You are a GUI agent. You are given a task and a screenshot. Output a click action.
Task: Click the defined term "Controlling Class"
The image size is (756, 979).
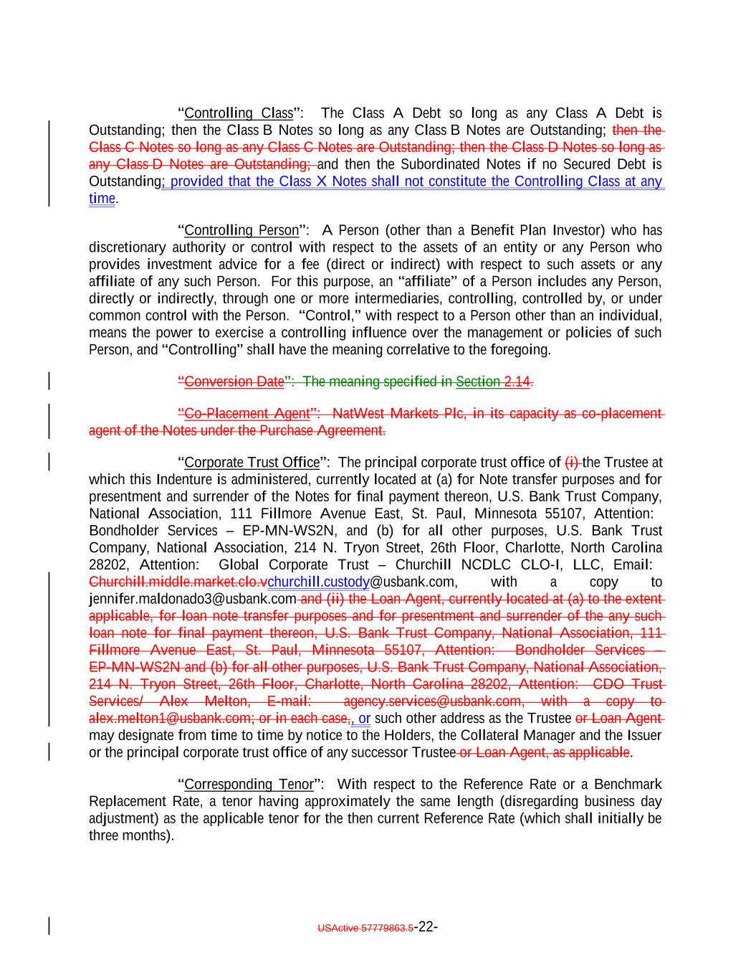click(x=239, y=113)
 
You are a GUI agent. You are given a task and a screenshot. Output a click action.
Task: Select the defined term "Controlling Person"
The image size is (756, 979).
click(x=241, y=230)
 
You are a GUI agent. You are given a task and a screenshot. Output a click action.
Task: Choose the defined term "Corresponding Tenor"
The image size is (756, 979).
click(x=249, y=785)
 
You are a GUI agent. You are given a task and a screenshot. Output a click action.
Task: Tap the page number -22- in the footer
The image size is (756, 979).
click(x=426, y=927)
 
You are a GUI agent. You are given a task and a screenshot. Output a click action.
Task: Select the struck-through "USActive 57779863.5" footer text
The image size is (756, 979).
click(x=365, y=928)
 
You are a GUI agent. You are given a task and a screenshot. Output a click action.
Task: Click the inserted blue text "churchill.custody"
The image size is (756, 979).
click(x=318, y=582)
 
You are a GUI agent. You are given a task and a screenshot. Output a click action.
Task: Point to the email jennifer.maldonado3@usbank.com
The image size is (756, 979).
click(x=192, y=599)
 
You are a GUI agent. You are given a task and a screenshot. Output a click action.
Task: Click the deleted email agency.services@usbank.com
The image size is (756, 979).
click(x=433, y=701)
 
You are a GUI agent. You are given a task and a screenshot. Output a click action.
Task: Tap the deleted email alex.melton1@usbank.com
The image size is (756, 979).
click(x=169, y=719)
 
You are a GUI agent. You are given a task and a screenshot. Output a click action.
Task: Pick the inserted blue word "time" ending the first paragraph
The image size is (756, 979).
click(x=102, y=199)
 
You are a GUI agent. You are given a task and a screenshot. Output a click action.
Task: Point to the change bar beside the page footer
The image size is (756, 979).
click(x=49, y=925)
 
